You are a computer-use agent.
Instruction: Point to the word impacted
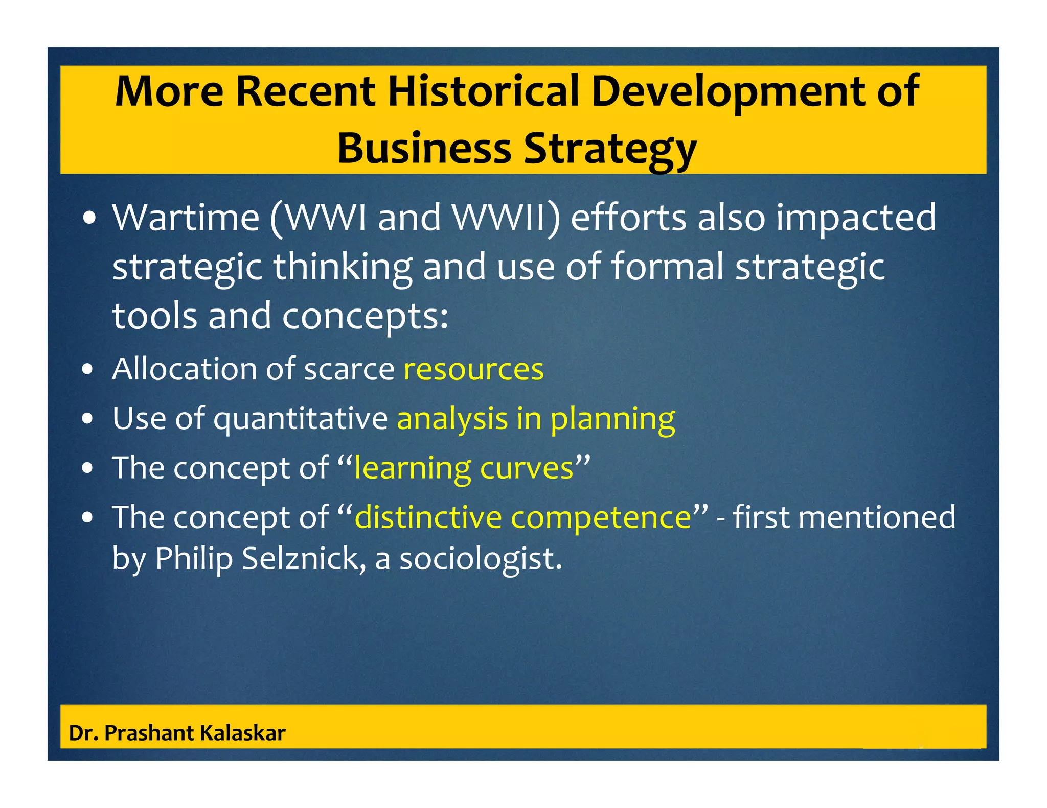[856, 218]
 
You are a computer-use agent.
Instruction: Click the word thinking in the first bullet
[343, 267]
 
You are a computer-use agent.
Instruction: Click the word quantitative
[301, 419]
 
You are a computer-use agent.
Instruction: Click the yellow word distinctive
[428, 517]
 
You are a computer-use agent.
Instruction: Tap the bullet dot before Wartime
[89, 219]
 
